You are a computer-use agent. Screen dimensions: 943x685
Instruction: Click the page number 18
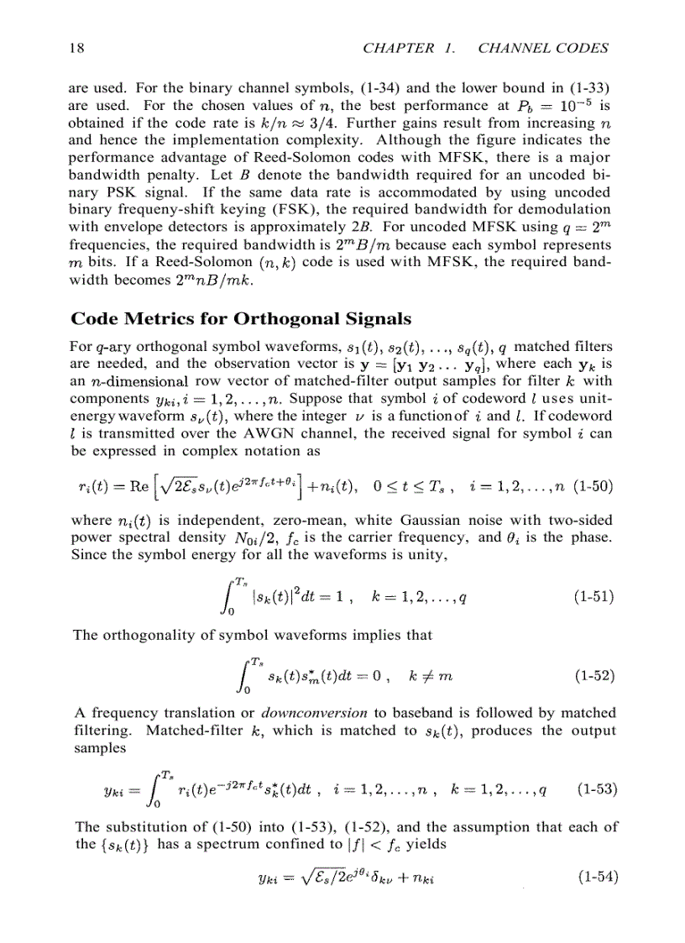75,48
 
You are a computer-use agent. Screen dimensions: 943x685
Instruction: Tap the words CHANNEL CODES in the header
543,48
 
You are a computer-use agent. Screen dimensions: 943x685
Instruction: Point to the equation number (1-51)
594,597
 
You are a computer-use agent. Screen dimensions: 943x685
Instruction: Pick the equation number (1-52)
594,674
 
